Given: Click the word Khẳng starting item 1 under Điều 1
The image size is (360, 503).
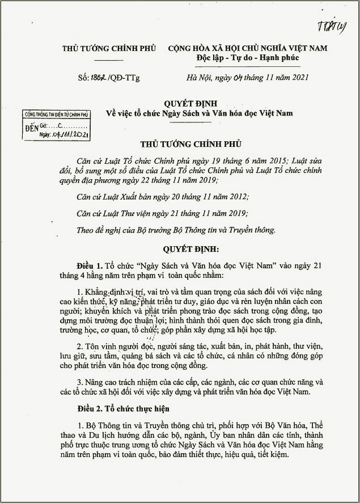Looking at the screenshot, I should (96, 291).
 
